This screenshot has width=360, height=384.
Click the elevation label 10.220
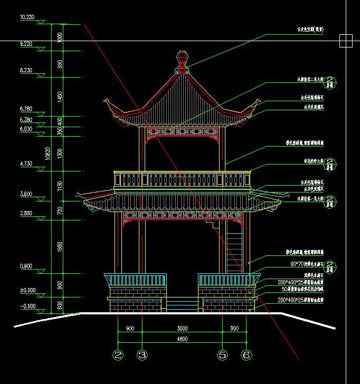(27, 17)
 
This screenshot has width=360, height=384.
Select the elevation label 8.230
(27, 70)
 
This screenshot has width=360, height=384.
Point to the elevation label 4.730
(26, 164)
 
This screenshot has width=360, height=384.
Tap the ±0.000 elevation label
(27, 290)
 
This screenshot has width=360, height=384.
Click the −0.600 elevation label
(27, 306)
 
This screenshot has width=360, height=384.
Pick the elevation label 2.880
(26, 213)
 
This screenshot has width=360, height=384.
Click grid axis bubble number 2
(118, 356)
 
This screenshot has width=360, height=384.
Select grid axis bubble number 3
(142, 356)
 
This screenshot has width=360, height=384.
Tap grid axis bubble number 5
(222, 356)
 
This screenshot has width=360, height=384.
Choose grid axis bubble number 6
(246, 356)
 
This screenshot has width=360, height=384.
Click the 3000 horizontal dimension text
(182, 329)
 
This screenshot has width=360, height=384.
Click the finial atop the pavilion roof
(182, 61)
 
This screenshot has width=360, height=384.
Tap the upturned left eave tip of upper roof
(108, 101)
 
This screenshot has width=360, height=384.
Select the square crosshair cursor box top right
(346, 41)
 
